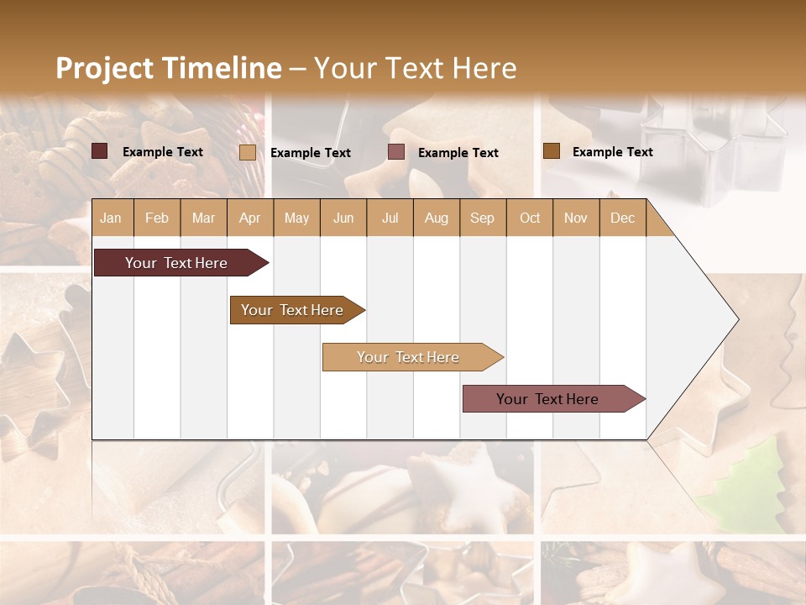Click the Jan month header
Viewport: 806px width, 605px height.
coord(111,218)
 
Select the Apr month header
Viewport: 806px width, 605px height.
coord(249,218)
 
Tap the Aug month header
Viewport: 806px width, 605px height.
coord(436,218)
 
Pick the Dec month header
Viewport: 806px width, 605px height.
coord(622,218)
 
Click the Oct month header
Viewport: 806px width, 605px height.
coord(530,218)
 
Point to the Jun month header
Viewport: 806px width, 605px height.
coord(343,218)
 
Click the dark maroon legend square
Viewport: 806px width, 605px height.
coord(100,151)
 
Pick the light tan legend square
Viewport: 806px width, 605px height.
coord(248,152)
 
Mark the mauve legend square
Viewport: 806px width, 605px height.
coord(396,152)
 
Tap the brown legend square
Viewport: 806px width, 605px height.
coord(552,151)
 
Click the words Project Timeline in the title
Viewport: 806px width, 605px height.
coord(168,68)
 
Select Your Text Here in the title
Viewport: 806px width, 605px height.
coord(416,68)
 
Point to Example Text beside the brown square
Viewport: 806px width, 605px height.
coord(612,152)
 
